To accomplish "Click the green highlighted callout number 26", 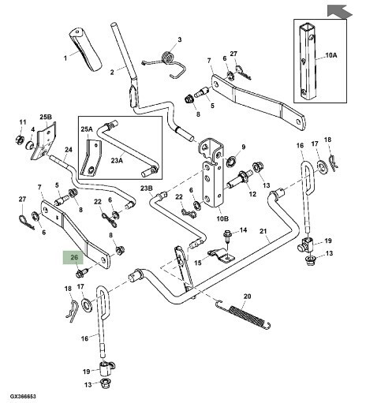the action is pos(73,257).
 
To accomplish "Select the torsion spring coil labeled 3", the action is pos(166,57).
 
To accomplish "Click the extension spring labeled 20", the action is pos(244,314).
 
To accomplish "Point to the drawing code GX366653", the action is pos(23,396).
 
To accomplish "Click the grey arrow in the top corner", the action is pos(339,12).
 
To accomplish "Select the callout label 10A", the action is pos(331,55).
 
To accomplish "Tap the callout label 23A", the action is pos(117,160).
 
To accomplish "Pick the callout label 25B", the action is pos(46,117).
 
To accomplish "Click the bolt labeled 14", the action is pos(227,236).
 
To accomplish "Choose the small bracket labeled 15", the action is pos(222,256).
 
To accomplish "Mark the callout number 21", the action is pos(263,231).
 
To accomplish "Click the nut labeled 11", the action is pos(20,139).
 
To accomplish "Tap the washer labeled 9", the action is pos(231,162).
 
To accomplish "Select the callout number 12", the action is pos(252,194).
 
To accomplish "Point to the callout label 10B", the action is pos(222,218).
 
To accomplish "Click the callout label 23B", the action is pos(146,188).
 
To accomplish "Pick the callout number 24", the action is pos(69,150).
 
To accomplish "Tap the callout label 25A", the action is pos(87,129).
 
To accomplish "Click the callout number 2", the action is pos(112,72).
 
